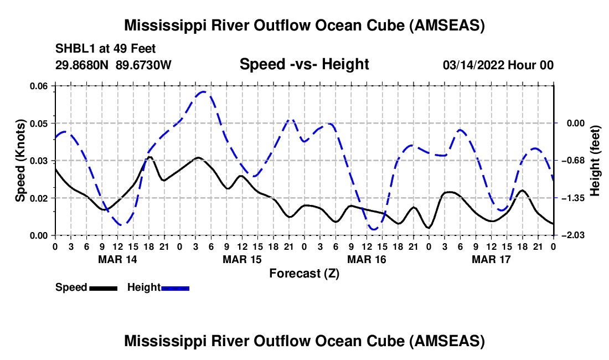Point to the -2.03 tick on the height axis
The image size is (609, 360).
[575, 235]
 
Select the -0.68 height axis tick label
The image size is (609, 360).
[575, 161]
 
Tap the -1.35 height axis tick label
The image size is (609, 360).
[575, 198]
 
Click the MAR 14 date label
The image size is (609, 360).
[118, 259]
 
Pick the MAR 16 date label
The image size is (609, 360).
[367, 259]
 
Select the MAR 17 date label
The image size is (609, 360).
[491, 259]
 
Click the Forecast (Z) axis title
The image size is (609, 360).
[304, 274]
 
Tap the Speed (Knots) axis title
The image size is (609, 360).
[20, 161]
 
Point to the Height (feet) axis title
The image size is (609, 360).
[595, 161]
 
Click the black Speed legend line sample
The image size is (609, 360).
[104, 288]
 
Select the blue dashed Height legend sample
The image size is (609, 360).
[175, 288]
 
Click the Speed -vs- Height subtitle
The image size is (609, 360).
[304, 64]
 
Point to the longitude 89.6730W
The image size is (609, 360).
[143, 65]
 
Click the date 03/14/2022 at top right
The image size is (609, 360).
[474, 65]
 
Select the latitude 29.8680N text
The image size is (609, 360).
[82, 65]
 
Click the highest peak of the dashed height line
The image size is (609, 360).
[203, 92]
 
